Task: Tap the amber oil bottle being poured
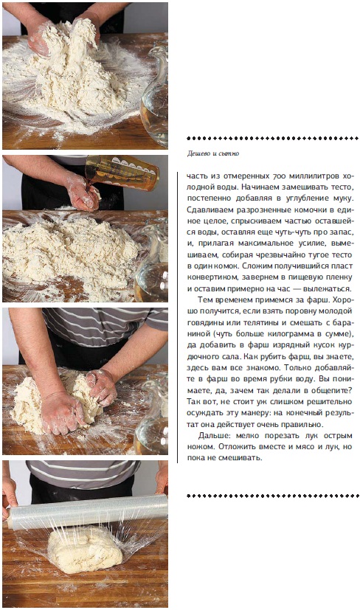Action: tap(122, 173)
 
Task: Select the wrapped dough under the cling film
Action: tap(84, 549)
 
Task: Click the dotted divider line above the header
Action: tap(273, 138)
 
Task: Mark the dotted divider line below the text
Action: tap(273, 496)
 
